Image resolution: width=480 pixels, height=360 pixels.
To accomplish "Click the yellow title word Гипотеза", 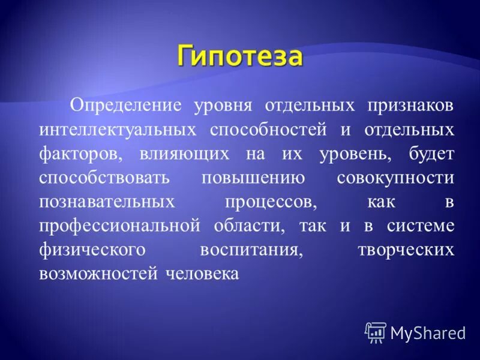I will point(240,58).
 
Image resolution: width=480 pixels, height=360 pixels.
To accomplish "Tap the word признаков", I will point(403,106).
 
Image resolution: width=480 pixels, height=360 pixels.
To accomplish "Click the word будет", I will point(431,154).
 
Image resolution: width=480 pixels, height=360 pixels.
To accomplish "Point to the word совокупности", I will point(395,178).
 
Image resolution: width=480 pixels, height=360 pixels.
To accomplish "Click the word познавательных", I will point(107,202).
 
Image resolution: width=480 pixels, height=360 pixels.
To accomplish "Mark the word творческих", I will point(405,250).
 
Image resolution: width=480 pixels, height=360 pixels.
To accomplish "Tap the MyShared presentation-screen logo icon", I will point(376,332).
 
